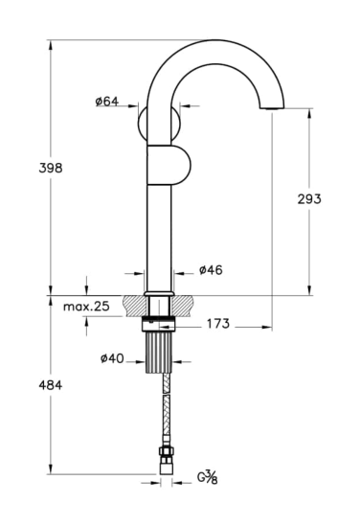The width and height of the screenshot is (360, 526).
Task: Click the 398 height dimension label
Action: [x=51, y=168]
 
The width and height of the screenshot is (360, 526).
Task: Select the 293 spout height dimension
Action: [x=309, y=199]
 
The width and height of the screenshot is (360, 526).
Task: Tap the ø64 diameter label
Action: [x=107, y=102]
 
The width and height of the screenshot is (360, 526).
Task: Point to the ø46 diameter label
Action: [x=211, y=270]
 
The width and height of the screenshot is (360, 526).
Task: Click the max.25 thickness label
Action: [x=86, y=307]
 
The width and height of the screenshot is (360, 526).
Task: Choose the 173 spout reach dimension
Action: [x=218, y=324]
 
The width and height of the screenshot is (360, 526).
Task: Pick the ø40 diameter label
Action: [x=112, y=358]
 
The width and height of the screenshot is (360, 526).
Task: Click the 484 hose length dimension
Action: [x=51, y=385]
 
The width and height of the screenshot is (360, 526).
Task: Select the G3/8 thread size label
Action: [x=207, y=477]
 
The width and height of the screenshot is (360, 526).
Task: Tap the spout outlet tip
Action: [x=272, y=108]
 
